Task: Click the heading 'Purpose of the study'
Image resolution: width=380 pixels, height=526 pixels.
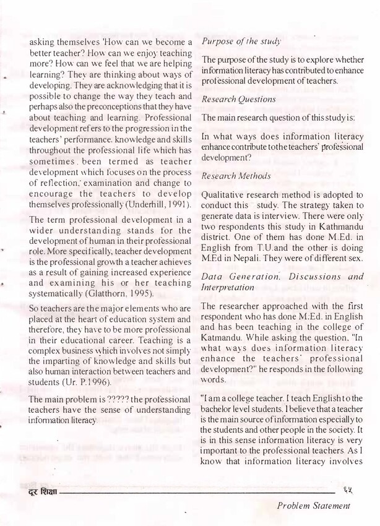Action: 241,41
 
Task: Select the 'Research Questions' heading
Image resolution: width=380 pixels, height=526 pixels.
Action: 238,98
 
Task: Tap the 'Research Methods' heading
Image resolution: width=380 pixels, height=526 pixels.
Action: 236,176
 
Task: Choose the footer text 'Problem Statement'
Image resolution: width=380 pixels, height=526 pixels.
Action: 313,506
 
